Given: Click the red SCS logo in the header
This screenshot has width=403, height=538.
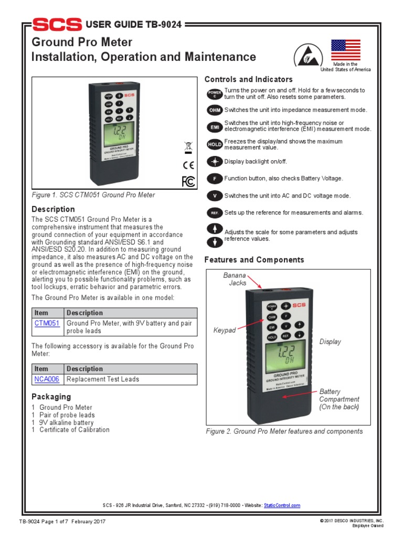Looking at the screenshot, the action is tap(57, 24).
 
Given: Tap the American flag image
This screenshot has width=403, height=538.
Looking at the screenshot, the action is tap(345, 50).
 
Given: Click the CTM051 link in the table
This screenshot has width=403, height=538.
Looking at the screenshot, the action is tap(47, 324).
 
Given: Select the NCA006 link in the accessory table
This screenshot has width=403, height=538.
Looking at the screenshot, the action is tap(47, 379).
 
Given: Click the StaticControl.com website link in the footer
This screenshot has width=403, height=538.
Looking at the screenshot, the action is tap(282, 505).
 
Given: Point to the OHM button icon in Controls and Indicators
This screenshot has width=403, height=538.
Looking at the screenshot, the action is tap(215, 110).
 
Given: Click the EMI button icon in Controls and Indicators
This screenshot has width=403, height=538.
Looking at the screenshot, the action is tap(215, 126).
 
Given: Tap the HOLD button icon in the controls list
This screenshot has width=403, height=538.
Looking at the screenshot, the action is tap(215, 144).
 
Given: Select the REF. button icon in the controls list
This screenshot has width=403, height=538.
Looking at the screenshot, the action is tap(215, 213).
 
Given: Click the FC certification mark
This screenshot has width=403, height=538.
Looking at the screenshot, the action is tap(188, 181).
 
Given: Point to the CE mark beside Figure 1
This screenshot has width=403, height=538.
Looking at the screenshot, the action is tap(188, 164).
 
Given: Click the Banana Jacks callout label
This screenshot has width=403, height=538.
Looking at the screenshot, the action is tap(235, 279).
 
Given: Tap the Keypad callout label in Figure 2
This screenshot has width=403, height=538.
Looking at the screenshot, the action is tap(225, 330).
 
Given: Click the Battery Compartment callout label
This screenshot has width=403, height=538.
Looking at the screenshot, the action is tap(339, 399).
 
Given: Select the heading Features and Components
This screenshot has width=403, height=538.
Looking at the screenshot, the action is tap(254, 260).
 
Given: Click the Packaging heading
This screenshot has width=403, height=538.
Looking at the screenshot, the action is tap(51, 397).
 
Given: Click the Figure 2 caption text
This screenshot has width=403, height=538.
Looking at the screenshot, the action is tap(284, 431).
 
